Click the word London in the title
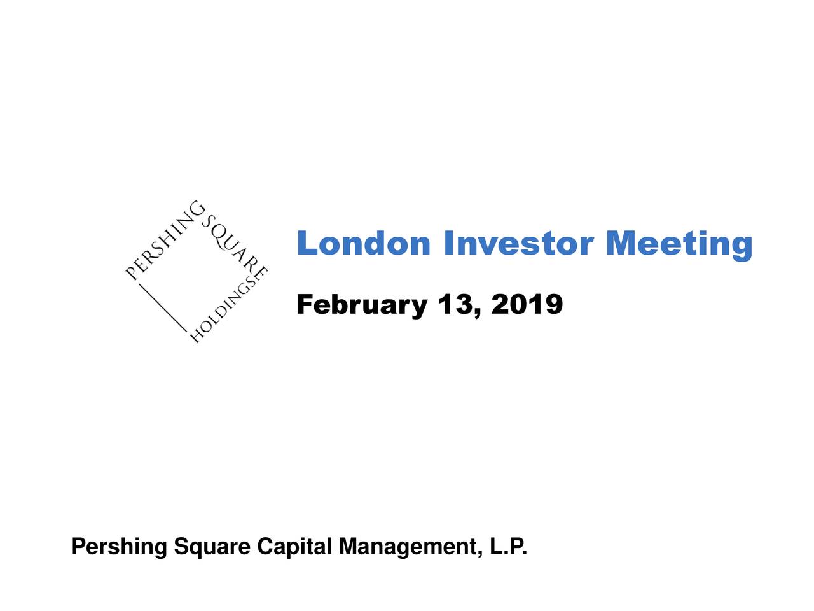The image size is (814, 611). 363,244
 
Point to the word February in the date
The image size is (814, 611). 361,305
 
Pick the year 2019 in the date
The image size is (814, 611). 527,305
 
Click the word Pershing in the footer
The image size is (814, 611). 120,547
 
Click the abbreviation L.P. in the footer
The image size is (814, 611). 509,547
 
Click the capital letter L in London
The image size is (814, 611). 307,244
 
